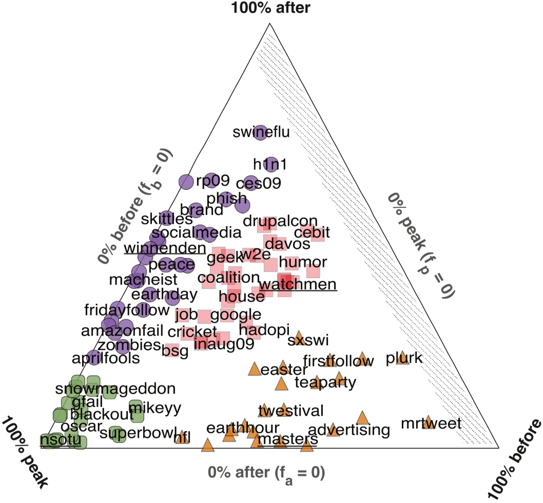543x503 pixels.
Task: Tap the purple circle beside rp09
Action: [x=186, y=181]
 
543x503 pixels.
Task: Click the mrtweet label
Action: [x=432, y=424]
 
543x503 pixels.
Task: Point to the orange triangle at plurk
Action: [x=402, y=357]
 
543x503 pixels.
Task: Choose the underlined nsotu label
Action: [x=61, y=440]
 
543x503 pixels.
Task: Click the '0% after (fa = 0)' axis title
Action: [x=266, y=472]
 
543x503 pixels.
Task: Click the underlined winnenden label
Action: [x=165, y=248]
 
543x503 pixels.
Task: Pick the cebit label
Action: [x=312, y=233]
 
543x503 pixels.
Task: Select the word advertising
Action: [x=349, y=430]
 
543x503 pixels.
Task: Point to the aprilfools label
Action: [x=105, y=358]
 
